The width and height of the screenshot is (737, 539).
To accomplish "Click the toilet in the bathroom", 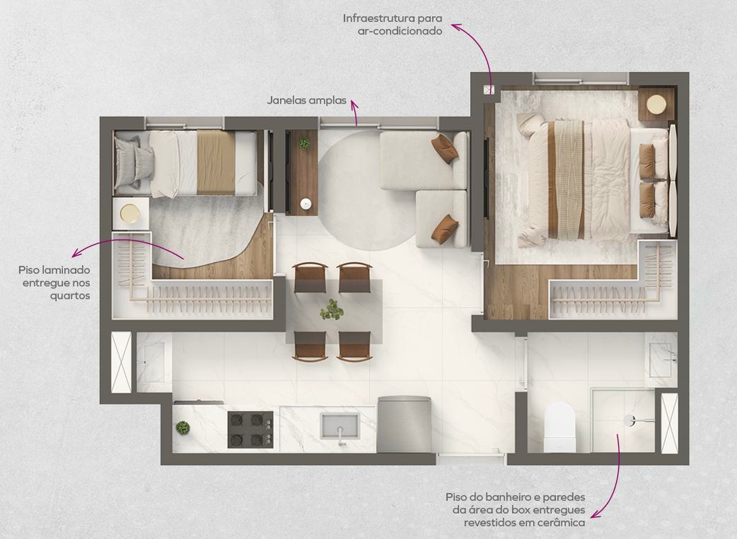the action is (559, 427).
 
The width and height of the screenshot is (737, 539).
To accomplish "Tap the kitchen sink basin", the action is (340, 426).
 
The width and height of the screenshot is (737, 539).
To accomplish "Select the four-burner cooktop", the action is (250, 430).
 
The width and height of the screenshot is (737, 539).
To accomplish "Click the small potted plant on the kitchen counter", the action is (182, 428).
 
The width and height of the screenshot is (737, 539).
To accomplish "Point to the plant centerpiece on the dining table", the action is (332, 310).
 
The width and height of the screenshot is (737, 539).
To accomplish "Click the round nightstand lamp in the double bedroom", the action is (656, 104).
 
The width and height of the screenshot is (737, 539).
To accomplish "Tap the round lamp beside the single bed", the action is (130, 214).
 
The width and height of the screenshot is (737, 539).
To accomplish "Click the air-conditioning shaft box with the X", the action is (489, 89).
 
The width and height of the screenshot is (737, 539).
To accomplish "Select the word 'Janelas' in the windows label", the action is (286, 100).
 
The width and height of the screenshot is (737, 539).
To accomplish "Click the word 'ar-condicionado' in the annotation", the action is (400, 31).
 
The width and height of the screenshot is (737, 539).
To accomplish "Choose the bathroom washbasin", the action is (661, 360).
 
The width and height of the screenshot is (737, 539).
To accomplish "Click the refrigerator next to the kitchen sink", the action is (404, 425).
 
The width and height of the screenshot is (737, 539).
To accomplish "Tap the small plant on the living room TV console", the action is (304, 142).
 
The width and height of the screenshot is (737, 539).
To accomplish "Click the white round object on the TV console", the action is (305, 204).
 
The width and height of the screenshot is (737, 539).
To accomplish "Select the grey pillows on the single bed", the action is (134, 162).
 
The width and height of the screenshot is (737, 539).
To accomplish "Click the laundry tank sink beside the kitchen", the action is (153, 362).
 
